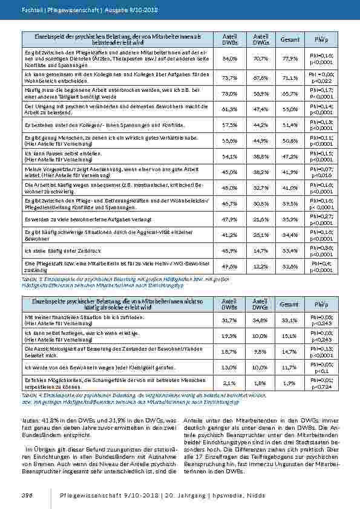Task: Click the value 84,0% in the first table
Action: (x=229, y=59)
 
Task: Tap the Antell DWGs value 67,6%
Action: (x=261, y=77)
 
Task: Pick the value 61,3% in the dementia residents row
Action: (x=229, y=109)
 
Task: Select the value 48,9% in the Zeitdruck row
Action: (x=229, y=250)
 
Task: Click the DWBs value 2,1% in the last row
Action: (x=229, y=382)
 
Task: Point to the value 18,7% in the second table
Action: (x=229, y=351)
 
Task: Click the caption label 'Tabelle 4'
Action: (x=30, y=395)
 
